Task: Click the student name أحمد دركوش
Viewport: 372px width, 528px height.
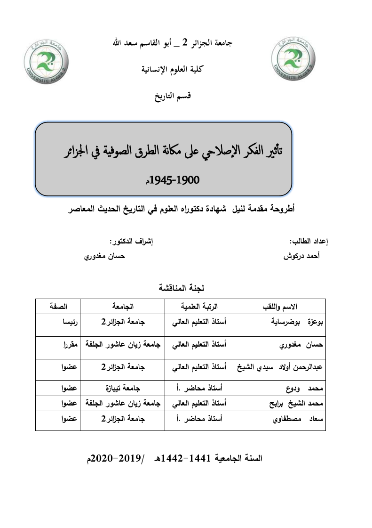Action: pos(302,258)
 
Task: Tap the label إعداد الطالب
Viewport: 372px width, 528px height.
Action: pos(309,242)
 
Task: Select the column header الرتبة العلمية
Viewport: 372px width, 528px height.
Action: pos(199,307)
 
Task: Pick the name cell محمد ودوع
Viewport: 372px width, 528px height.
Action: pos(301,388)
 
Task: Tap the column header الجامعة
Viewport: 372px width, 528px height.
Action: pos(122,307)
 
